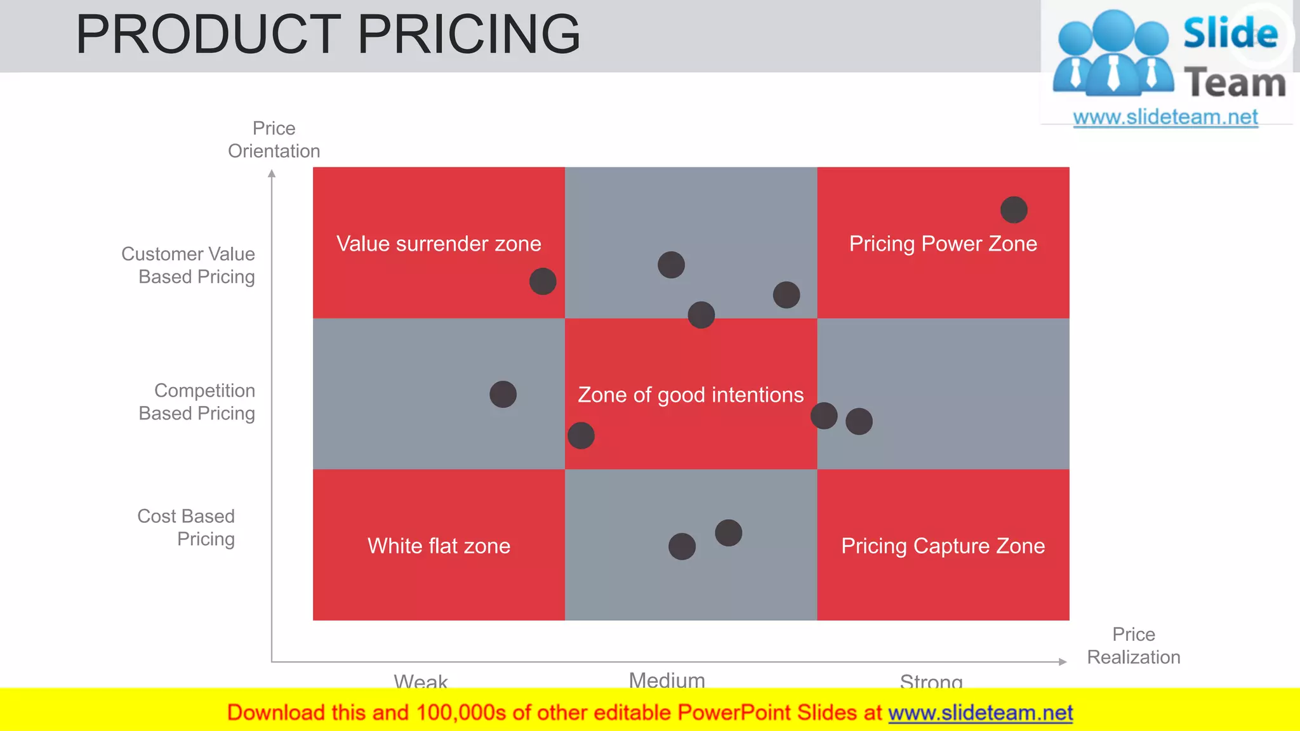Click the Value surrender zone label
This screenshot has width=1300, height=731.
tap(439, 244)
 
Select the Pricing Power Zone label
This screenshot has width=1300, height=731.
tap(943, 244)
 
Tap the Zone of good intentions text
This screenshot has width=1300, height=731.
tap(691, 395)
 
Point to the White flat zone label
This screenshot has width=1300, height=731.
tap(439, 546)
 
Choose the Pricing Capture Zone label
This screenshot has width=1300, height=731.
tap(943, 546)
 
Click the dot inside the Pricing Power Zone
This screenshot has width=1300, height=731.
tap(1014, 210)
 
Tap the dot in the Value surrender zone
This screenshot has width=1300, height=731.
tap(543, 281)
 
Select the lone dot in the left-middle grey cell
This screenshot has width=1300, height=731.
tap(503, 394)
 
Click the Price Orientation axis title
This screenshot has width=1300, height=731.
tap(274, 140)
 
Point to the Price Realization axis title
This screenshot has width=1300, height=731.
tap(1134, 645)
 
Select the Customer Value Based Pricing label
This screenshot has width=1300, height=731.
tap(189, 265)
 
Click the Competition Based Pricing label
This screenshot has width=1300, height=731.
tap(197, 402)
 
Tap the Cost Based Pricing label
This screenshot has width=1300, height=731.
tap(187, 527)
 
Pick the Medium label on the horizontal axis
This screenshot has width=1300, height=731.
tap(667, 680)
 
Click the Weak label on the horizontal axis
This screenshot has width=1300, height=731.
tap(420, 682)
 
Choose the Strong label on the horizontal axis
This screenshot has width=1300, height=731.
tap(931, 682)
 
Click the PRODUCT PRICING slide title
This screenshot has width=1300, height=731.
tap(328, 34)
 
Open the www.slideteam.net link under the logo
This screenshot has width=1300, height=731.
tap(1165, 117)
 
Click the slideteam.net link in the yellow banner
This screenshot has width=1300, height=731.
tap(980, 713)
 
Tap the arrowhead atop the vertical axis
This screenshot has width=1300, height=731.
tap(272, 173)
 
